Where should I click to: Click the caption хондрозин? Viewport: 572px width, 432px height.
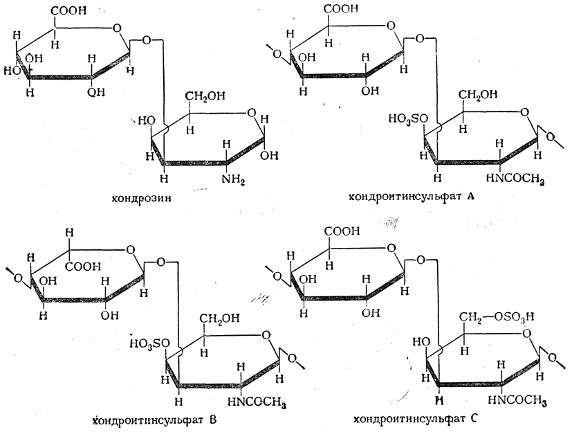[x=141, y=199]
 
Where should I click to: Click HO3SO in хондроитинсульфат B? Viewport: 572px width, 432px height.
[x=148, y=343]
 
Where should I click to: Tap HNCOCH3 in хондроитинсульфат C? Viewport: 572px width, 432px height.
[x=517, y=399]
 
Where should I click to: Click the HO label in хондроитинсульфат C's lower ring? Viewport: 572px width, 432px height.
[x=419, y=341]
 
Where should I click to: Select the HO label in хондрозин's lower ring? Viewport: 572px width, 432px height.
[x=146, y=120]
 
